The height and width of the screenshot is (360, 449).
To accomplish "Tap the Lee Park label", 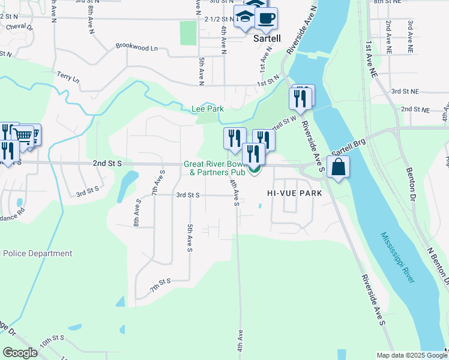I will [207, 109].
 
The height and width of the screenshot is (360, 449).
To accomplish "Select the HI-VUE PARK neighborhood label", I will [295, 193].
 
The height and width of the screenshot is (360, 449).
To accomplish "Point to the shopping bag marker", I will [339, 167].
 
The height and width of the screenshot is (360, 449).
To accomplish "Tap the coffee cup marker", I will [266, 18].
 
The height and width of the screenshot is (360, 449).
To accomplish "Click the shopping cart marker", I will [25, 136].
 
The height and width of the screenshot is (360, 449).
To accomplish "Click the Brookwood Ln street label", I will [136, 46].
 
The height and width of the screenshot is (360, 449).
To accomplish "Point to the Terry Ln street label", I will [68, 77].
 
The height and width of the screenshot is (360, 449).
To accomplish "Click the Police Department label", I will [37, 254].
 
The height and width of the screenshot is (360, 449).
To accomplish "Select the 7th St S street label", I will [161, 281].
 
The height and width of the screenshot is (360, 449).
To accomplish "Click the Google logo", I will [20, 353].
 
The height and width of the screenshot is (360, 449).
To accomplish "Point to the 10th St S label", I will [53, 344].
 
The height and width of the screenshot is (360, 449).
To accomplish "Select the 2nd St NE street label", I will [415, 110].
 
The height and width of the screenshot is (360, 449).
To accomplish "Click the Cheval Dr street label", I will [19, 26].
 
